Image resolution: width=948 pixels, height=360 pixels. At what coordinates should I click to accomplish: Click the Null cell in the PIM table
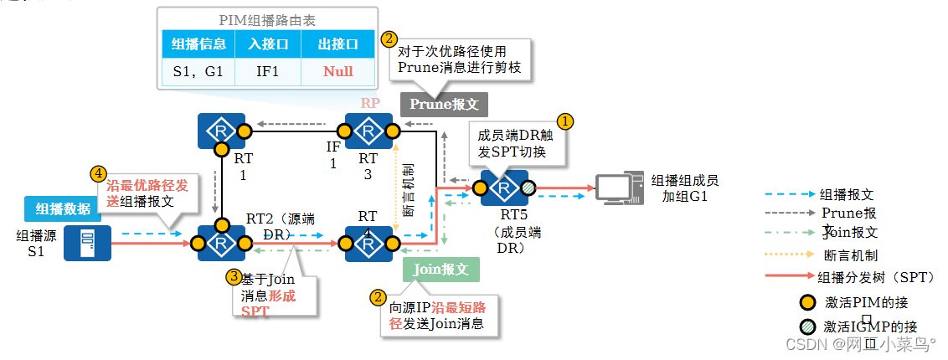click(x=337, y=71)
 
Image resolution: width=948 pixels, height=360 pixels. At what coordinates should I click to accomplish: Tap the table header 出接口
click(x=337, y=44)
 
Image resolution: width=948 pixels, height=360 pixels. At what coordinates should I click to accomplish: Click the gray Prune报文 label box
click(x=443, y=104)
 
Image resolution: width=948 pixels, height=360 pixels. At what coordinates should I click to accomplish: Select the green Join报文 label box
click(x=441, y=269)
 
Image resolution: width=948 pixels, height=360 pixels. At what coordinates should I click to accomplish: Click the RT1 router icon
click(x=222, y=131)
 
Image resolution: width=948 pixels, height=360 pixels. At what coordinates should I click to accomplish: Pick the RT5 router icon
click(x=504, y=188)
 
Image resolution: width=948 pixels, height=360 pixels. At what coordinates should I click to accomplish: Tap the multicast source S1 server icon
click(x=87, y=243)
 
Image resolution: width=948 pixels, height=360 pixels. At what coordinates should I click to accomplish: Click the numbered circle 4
click(x=99, y=173)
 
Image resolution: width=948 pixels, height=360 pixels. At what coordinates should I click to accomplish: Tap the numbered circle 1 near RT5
click(x=566, y=121)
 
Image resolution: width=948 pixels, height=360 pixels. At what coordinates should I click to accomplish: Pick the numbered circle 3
click(x=235, y=275)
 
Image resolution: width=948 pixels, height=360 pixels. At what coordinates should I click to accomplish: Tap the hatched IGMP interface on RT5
click(x=528, y=188)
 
